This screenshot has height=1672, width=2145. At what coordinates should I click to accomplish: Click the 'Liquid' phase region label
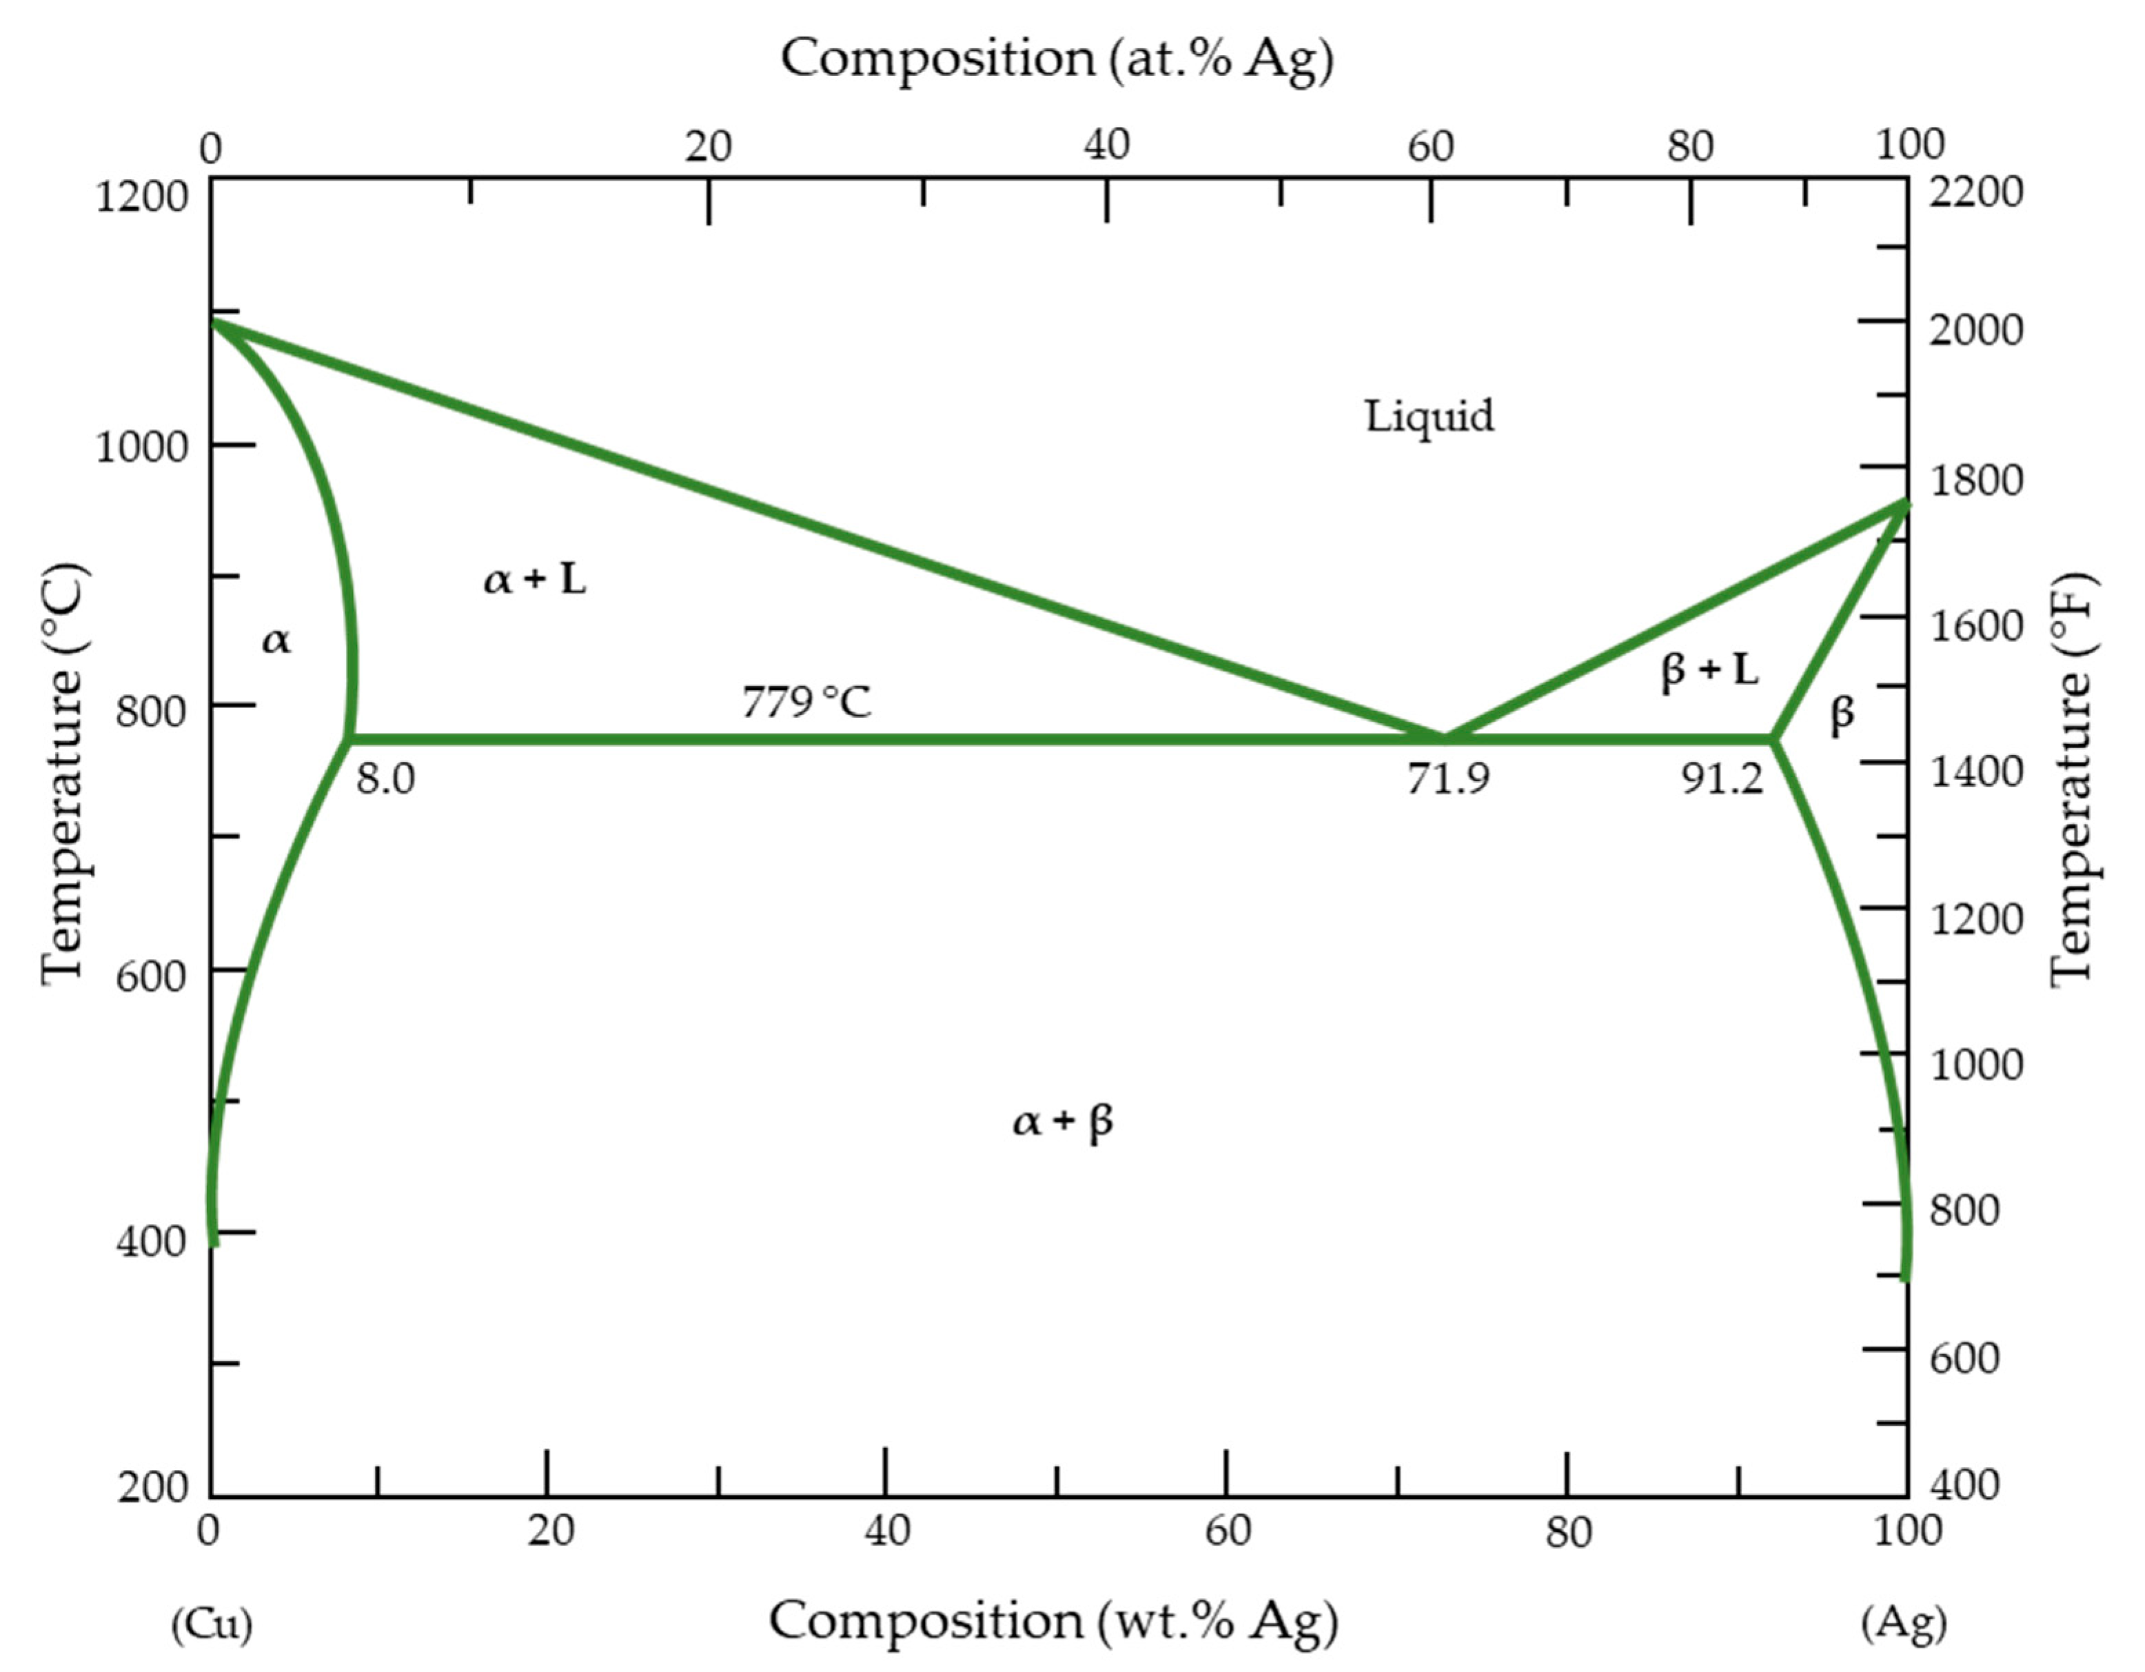pos(1429,416)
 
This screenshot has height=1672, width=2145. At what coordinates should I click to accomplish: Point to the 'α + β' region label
pos(1063,1121)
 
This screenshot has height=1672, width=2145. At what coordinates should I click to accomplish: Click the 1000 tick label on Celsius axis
pos(141,447)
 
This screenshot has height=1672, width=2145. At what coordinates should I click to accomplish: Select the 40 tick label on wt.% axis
pos(887,1531)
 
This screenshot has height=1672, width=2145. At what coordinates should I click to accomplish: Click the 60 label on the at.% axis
pos(1430,148)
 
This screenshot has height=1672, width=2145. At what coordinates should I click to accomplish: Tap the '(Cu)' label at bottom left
pos(211,1623)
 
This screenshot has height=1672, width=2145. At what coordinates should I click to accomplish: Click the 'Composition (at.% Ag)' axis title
pos(1057,59)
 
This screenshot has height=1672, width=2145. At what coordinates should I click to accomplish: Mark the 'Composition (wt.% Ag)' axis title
pos(1053,1621)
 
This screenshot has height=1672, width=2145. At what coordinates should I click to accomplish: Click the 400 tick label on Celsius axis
pos(150,1242)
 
